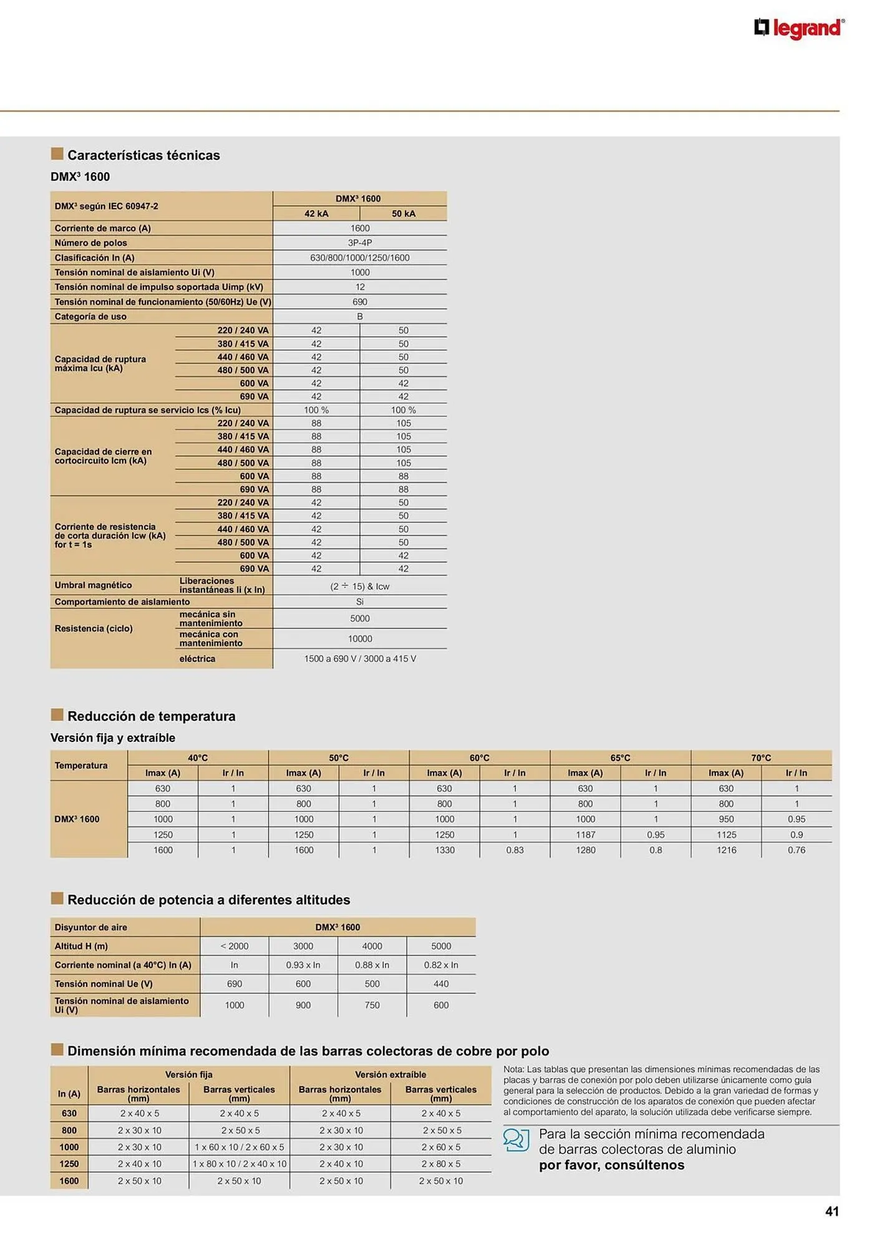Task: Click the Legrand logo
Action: pos(799,29)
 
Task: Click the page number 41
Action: pos(832,1211)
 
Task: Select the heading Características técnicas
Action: pos(143,155)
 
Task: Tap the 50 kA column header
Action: pos(404,213)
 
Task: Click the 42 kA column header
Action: pos(316,213)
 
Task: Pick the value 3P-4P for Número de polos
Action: pos(360,243)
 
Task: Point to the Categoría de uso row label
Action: pos(90,316)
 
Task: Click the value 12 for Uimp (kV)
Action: pos(360,287)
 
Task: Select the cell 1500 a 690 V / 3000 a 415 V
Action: pos(360,658)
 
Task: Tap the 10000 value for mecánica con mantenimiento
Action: pos(360,638)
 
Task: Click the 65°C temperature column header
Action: pos(620,758)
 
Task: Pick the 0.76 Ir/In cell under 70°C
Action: pos(797,850)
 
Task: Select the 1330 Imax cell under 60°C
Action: pos(445,850)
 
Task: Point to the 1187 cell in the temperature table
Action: pos(585,834)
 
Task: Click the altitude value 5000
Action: pos(441,946)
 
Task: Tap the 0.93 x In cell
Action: pos(303,965)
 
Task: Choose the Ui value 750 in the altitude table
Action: pos(372,1005)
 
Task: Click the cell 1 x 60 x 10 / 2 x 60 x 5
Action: pos(239,1147)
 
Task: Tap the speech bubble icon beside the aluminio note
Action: pos(516,1139)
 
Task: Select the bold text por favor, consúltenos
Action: pos(611,1165)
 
